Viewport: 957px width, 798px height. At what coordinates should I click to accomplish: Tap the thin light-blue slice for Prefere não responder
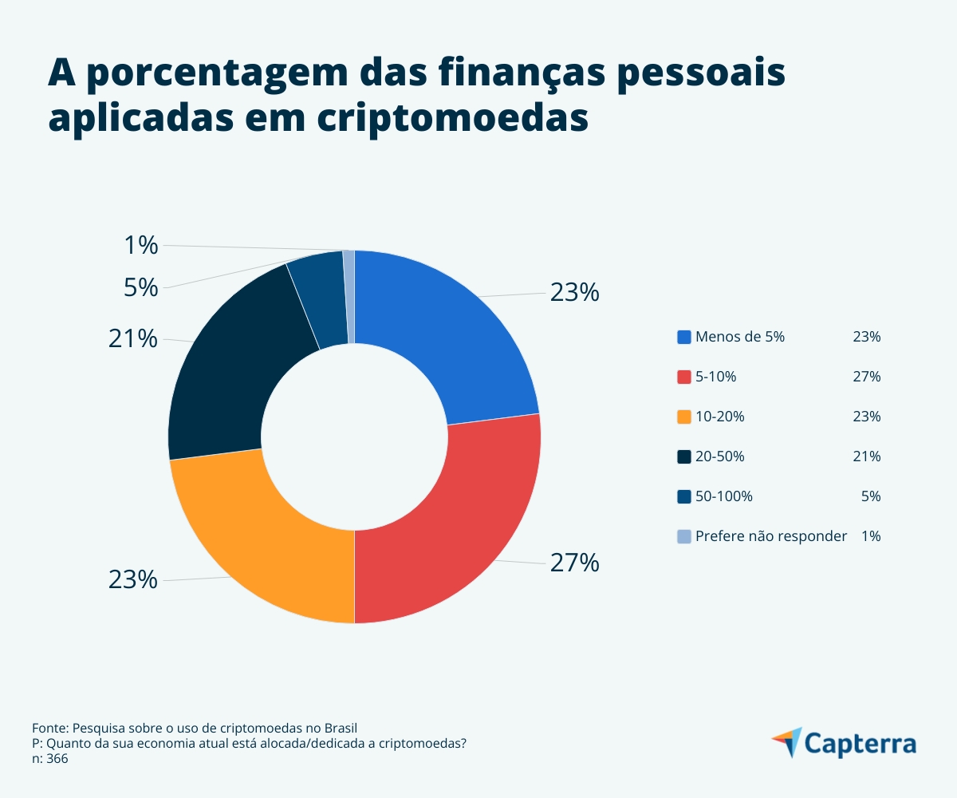tap(349, 295)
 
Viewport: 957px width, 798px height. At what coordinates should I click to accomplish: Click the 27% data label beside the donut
tap(574, 563)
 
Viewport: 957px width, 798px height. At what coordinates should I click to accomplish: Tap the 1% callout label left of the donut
tap(141, 246)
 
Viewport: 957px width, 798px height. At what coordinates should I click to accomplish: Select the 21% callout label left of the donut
tap(133, 339)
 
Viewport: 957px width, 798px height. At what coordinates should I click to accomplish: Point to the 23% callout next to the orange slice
tap(133, 579)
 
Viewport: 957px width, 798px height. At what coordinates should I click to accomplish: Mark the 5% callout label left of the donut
tap(141, 287)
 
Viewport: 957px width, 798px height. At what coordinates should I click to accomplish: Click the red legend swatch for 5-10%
tap(683, 377)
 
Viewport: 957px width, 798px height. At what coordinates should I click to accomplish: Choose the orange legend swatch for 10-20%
tap(683, 417)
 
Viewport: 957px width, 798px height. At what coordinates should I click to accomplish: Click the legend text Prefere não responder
tap(770, 536)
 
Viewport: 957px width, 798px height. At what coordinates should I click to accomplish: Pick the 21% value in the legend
tap(866, 456)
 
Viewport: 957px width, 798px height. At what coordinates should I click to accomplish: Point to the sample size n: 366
tap(50, 759)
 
